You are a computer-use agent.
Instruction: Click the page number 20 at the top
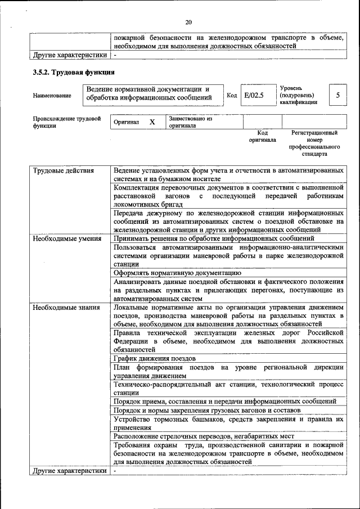(188, 22)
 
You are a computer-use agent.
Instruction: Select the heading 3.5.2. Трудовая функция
(74, 72)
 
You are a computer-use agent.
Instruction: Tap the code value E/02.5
(254, 95)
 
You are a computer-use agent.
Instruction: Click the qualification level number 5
(337, 95)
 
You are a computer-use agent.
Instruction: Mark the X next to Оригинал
(152, 122)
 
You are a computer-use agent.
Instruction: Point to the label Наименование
(52, 96)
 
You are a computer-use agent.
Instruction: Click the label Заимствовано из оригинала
(191, 122)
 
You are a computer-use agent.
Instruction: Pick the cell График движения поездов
(155, 358)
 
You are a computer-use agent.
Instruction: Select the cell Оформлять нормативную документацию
(169, 272)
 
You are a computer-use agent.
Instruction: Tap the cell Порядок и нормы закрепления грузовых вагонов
(207, 411)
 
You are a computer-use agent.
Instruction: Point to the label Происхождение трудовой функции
(66, 122)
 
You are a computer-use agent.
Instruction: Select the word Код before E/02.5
(231, 95)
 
